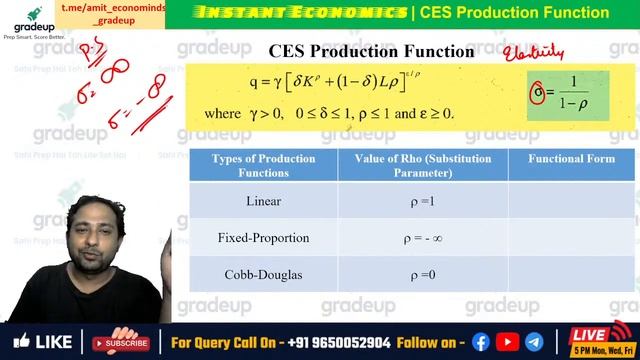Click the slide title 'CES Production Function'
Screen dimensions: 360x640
357,51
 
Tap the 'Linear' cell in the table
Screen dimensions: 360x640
263,201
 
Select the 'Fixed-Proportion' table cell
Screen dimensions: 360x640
263,238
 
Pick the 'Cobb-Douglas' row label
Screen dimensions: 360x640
263,274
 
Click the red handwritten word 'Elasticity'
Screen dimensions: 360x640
533,53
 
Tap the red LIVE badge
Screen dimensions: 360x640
593,335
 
